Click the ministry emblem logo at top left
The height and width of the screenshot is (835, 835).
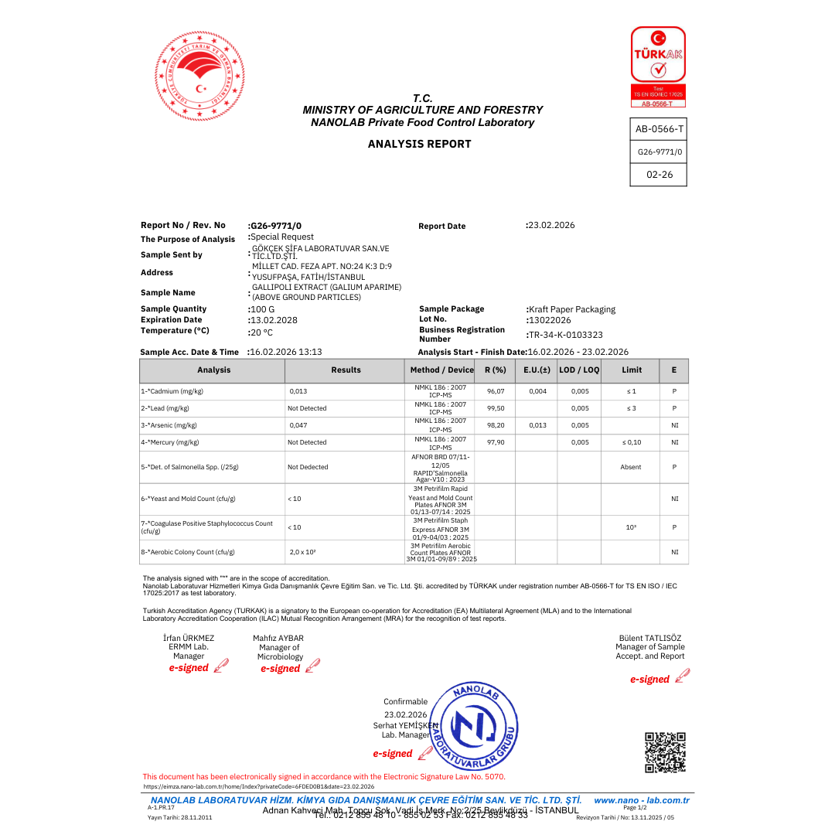coord(199,76)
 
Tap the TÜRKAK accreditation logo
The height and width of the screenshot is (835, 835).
coord(658,66)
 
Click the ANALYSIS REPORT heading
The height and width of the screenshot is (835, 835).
coord(419,144)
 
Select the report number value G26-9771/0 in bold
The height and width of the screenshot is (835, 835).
coord(276,225)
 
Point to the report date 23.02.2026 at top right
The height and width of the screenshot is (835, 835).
coord(551,225)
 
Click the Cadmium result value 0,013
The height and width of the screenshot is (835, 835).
coord(298,391)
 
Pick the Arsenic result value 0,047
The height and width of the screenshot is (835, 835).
coord(298,425)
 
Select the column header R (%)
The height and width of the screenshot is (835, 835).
coord(495,370)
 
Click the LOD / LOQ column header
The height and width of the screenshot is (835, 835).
coord(579,370)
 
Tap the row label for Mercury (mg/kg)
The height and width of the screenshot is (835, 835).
coord(170,442)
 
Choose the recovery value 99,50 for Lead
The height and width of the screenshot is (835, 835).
coord(496,408)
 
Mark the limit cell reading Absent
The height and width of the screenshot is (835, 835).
coord(631,467)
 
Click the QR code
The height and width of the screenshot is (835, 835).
coord(665,752)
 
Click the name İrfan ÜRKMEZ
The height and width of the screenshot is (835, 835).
coord(189,638)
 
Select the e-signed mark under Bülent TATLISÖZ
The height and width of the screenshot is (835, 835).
coord(649,680)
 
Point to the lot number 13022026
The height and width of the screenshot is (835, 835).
coord(550,320)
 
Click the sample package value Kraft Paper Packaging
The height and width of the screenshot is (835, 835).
coord(573,309)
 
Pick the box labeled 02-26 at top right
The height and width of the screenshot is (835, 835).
coord(659,175)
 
